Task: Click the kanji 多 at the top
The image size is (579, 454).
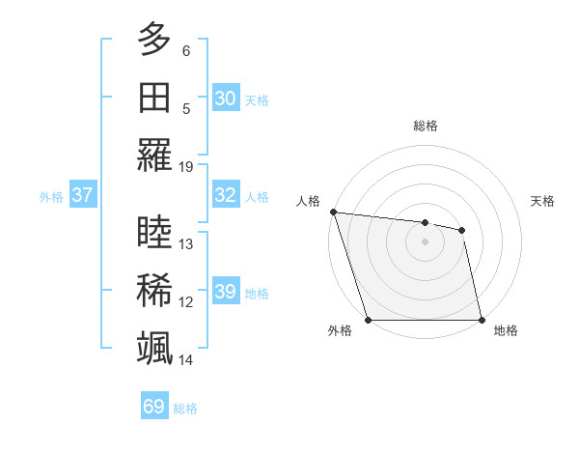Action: (x=155, y=41)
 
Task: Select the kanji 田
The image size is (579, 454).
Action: (x=155, y=98)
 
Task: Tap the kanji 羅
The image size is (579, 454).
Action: (x=155, y=155)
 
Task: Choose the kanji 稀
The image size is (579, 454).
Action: (x=155, y=291)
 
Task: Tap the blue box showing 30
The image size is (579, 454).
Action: (x=226, y=99)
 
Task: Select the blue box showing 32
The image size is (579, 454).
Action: (x=226, y=195)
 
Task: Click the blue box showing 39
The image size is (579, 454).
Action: (x=226, y=292)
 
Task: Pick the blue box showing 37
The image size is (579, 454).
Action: (x=83, y=195)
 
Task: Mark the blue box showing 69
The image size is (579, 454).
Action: (x=154, y=407)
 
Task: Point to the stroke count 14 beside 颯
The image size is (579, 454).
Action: (x=186, y=359)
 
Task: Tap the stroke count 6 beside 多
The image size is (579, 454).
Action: (x=186, y=51)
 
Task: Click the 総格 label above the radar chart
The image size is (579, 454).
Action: (x=426, y=126)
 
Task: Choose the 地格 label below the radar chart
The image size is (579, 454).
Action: (x=506, y=330)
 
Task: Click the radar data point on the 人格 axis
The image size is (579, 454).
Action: (x=333, y=212)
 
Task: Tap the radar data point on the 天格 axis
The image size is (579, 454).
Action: (x=462, y=230)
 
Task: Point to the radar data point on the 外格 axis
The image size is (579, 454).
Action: (x=369, y=320)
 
